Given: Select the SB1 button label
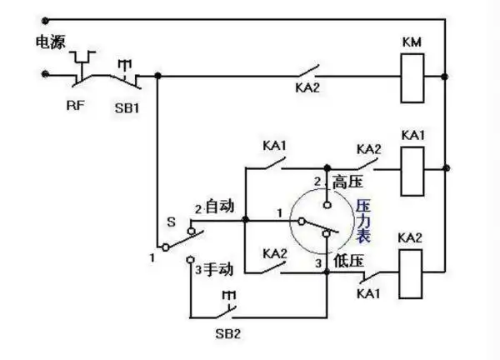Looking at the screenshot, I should (x=127, y=107).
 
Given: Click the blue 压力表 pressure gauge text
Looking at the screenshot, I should (x=363, y=220).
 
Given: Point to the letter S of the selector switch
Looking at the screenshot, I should (x=171, y=222).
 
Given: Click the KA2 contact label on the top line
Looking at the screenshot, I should (x=308, y=87).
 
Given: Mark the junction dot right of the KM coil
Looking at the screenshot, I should (x=447, y=76).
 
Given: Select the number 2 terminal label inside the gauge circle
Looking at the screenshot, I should (x=317, y=181).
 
